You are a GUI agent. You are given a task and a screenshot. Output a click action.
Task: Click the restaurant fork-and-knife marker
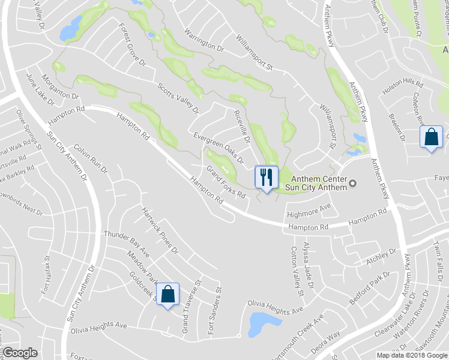(x=267, y=177)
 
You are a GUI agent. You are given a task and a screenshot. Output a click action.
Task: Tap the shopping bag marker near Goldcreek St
(x=168, y=295)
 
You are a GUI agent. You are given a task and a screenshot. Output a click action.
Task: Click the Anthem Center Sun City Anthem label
(x=319, y=183)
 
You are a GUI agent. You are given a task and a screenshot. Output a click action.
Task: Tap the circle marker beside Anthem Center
(x=353, y=183)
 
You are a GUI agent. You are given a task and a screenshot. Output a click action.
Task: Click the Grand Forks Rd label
(x=226, y=183)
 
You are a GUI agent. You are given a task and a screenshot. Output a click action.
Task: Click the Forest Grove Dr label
(x=132, y=46)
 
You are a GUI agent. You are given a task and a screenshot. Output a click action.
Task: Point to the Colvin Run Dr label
(x=91, y=158)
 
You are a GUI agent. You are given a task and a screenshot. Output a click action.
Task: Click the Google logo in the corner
(x=20, y=353)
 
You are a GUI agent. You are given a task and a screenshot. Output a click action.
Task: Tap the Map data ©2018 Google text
(x=411, y=355)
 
